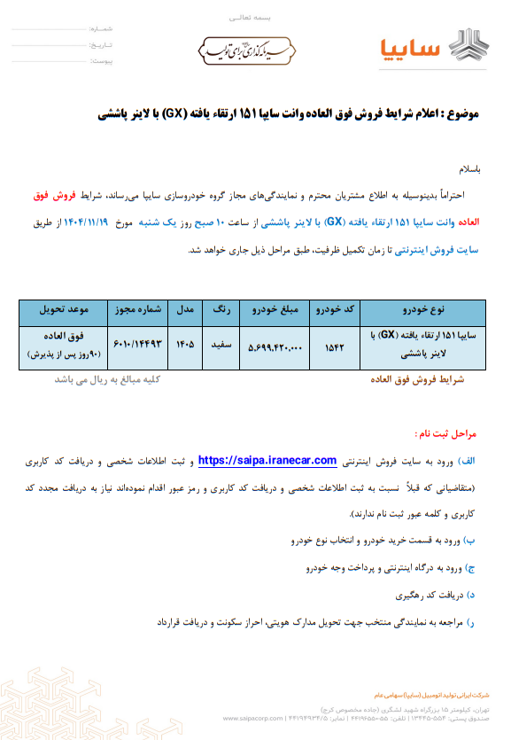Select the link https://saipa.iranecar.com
(x=267, y=460)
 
